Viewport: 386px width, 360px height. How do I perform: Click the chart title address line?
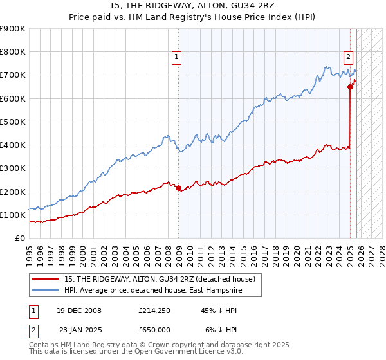(x=193, y=6)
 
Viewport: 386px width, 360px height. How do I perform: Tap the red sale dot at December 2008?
(x=179, y=188)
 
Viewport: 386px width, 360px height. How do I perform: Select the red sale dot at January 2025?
(x=351, y=87)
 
